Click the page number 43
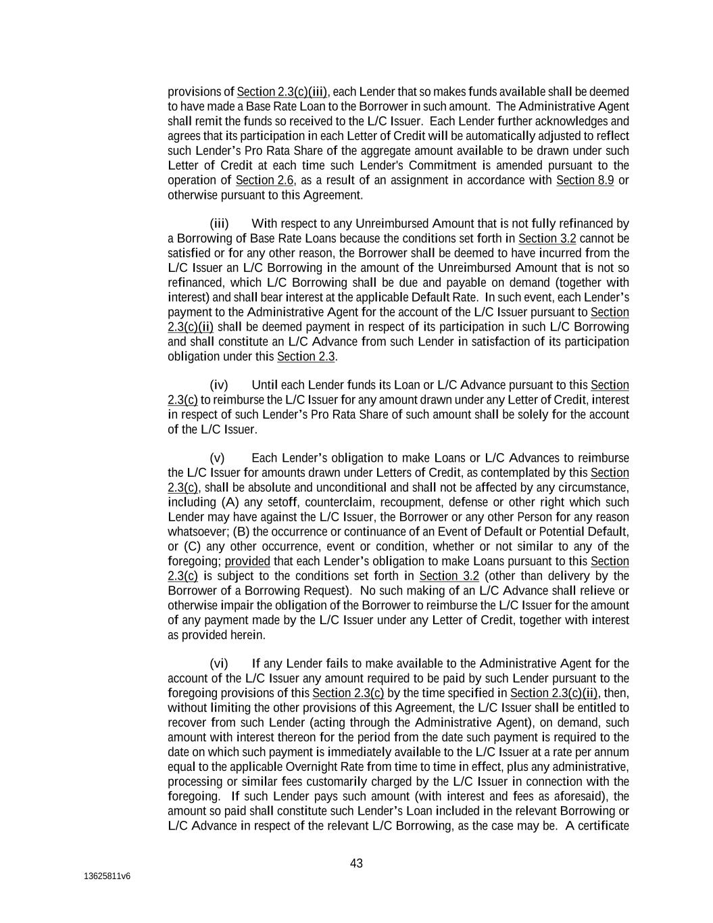click(356, 863)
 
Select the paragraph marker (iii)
click(219, 224)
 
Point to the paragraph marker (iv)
click(219, 385)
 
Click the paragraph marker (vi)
click(219, 664)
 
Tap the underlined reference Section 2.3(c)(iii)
click(282, 92)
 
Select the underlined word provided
click(247, 562)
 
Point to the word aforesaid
click(581, 797)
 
